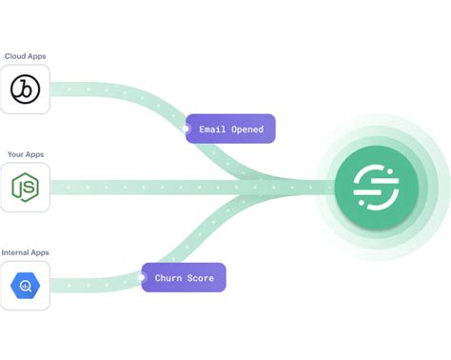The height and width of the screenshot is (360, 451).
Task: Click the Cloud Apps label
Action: pos(25,56)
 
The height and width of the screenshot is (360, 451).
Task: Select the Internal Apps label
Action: pos(26,252)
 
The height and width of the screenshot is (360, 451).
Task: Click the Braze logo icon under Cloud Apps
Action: pos(25,90)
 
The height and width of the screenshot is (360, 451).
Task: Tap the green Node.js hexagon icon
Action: pos(25,188)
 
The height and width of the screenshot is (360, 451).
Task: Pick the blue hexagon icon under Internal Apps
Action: pos(25,286)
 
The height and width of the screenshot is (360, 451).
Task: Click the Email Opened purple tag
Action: pos(229,129)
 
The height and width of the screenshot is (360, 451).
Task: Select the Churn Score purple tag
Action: pos(184,278)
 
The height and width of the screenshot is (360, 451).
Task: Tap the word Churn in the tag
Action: pos(168,278)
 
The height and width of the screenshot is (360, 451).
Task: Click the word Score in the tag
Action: pos(202,278)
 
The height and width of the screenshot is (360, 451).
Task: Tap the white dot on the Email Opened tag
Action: pos(186,129)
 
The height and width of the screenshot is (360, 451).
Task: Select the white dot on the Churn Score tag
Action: pos(143,278)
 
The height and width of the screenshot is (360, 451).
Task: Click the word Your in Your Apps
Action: pos(14,154)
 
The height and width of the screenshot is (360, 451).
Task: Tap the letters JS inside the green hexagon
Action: pos(25,189)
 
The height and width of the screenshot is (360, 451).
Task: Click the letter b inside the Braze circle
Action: pos(24,90)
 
